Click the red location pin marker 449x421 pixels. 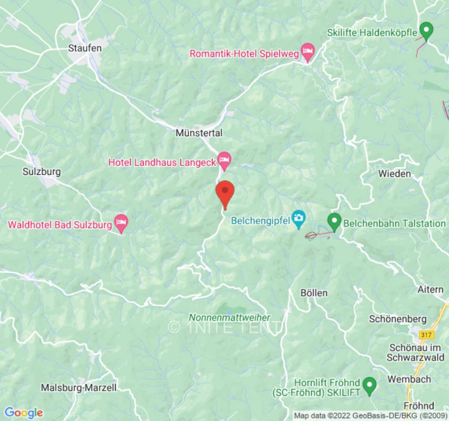[x=225, y=193]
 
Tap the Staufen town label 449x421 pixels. [x=85, y=47]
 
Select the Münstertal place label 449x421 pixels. [x=199, y=133]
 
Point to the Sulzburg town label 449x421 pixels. [x=42, y=172]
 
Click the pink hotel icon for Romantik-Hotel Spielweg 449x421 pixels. [x=307, y=53]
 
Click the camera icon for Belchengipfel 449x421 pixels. [x=298, y=217]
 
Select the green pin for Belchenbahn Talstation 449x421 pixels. [x=334, y=221]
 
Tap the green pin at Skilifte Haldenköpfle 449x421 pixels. [x=426, y=31]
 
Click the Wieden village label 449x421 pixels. [x=394, y=173]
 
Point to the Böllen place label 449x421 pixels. [x=314, y=293]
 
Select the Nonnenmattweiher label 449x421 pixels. [x=230, y=317]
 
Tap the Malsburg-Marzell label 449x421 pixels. [x=79, y=388]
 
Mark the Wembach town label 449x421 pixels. [x=409, y=379]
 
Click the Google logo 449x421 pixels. [x=23, y=413]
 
